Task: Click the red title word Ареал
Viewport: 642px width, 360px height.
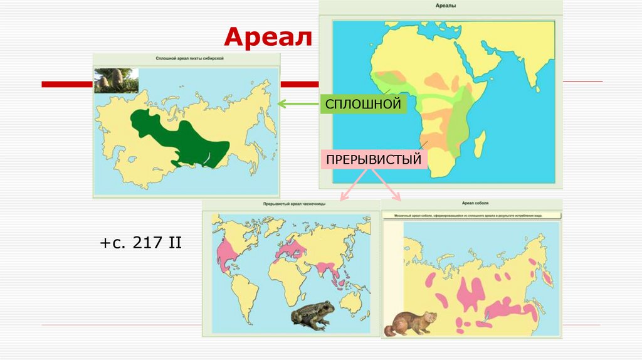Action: tap(268, 38)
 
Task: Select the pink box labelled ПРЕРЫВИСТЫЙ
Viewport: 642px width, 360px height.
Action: tap(375, 160)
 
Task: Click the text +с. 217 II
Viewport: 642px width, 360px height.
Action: tap(140, 243)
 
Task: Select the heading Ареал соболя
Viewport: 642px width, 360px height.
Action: tap(475, 203)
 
